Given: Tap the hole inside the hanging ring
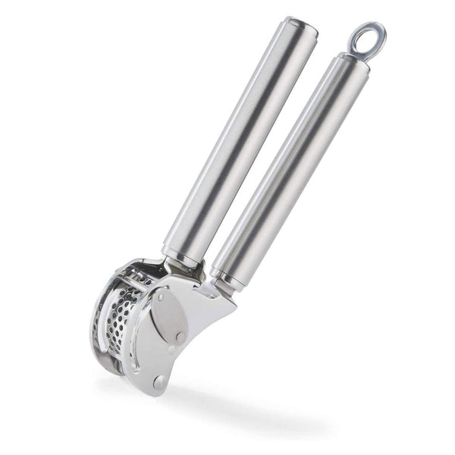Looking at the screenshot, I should (x=367, y=37).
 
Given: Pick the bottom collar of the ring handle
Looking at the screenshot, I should (x=226, y=277).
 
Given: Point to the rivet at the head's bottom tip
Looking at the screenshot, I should (x=158, y=381).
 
